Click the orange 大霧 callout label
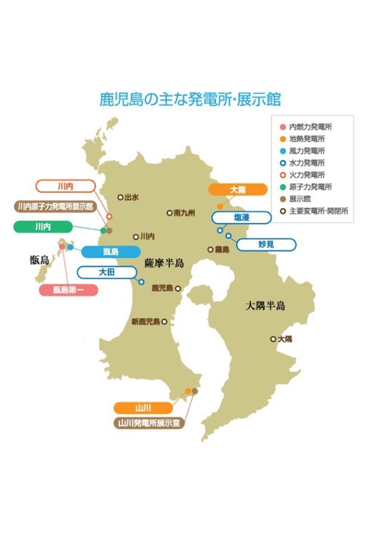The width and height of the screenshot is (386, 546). [x=236, y=190]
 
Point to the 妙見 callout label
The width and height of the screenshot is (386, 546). [x=266, y=244]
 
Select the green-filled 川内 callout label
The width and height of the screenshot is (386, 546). [x=44, y=226]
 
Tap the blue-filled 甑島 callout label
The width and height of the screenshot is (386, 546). [x=110, y=252]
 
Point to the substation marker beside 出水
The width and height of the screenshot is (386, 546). [x=119, y=197]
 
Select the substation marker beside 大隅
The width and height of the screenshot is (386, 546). [x=273, y=339]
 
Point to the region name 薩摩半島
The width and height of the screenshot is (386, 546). [x=165, y=263]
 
